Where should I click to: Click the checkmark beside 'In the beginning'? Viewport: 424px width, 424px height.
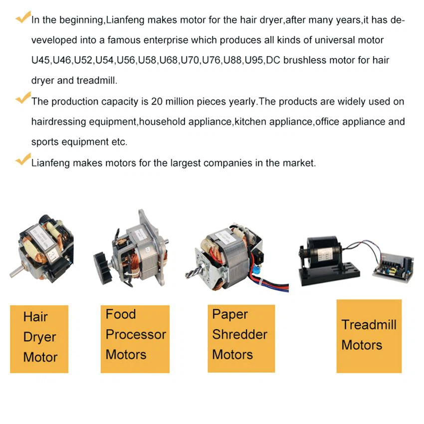click(x=23, y=17)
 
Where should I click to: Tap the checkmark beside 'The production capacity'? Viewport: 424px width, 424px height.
click(x=23, y=98)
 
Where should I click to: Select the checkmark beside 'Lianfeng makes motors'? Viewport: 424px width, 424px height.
click(x=23, y=159)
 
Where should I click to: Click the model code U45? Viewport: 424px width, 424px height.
click(x=40, y=60)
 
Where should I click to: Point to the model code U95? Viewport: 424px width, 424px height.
click(x=254, y=60)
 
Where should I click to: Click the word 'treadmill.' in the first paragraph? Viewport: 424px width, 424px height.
click(x=97, y=80)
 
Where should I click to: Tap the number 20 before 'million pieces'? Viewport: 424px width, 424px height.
click(x=157, y=102)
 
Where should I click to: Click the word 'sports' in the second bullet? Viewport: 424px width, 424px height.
click(x=45, y=142)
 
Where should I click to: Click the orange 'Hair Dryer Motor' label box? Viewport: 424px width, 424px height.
click(x=39, y=339)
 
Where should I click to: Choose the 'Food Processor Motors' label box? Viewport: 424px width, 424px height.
click(x=135, y=339)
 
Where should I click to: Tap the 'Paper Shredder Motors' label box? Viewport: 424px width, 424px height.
click(x=241, y=339)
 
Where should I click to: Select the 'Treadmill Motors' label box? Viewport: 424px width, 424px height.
click(x=369, y=336)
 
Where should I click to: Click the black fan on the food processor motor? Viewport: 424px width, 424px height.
click(x=102, y=268)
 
